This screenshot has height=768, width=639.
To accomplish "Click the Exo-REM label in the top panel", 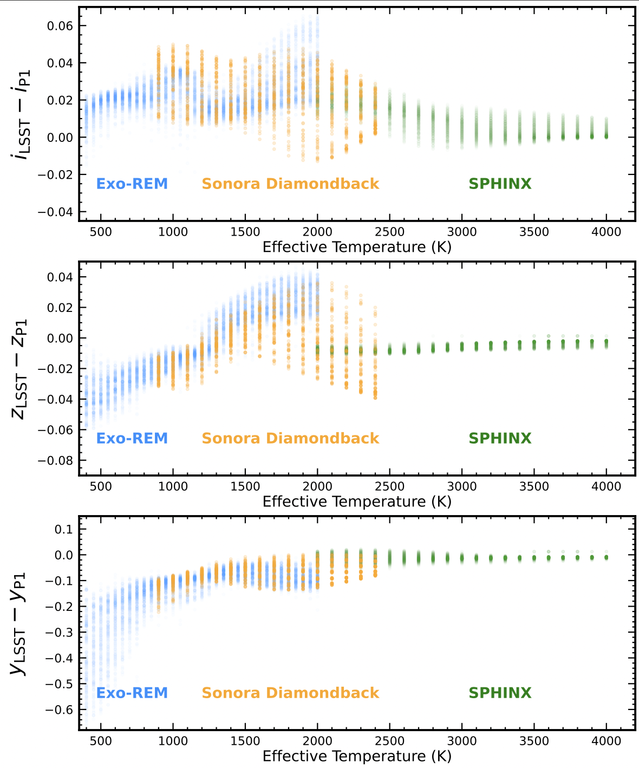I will coord(132,184).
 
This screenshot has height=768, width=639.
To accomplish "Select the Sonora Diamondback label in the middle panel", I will coord(290,438).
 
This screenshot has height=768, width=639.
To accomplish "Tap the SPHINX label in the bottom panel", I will coord(500,693).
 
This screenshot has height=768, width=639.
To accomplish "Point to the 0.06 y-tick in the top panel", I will coord(60,26).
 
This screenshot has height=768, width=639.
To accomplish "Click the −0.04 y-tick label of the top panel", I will coord(55,212).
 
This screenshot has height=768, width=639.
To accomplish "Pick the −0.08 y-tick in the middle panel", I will coord(55,460).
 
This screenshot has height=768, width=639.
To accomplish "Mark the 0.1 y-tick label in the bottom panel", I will coord(63,529).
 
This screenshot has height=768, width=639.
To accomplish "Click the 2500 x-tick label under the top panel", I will coord(389,232).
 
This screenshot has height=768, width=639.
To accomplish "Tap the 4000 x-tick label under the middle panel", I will coord(606,486).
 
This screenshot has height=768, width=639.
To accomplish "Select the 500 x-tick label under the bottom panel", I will coord(101,741).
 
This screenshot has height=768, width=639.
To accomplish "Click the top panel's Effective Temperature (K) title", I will coord(357,247).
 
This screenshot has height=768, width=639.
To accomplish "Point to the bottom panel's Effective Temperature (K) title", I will coord(357,756).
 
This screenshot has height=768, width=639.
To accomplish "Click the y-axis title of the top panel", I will coord(21,114).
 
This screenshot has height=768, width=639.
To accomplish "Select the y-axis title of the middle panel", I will coord(21,369).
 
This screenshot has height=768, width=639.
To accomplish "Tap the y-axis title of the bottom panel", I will coord(21,623).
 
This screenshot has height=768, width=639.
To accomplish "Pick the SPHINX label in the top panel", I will coord(500,184).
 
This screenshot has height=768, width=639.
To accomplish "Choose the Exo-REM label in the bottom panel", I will coord(132,693).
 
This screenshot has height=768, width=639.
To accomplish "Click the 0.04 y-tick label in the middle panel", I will coord(60,277).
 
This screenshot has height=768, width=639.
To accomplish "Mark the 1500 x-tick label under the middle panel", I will coord(245,486).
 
